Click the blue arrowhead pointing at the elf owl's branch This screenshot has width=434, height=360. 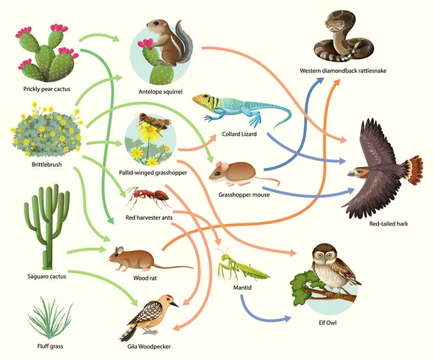coord(283,317)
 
